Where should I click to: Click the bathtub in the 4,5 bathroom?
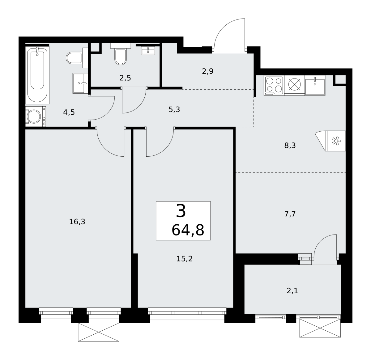37,75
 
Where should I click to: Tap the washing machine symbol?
36,116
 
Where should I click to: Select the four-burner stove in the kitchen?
274,85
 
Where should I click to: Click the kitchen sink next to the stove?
315,85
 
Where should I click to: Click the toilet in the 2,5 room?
121,54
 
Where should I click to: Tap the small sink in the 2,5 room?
148,51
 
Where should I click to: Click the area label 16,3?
77,222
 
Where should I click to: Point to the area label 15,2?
184,259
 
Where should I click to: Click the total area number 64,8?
188,230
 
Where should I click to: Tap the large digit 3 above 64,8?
181,211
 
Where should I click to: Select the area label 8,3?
290,146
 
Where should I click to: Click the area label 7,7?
290,214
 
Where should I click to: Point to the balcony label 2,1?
292,291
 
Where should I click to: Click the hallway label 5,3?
174,109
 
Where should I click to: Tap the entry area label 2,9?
207,71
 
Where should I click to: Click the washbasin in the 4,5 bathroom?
80,83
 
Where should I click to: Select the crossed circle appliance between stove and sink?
294,84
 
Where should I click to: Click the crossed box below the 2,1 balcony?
320,328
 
